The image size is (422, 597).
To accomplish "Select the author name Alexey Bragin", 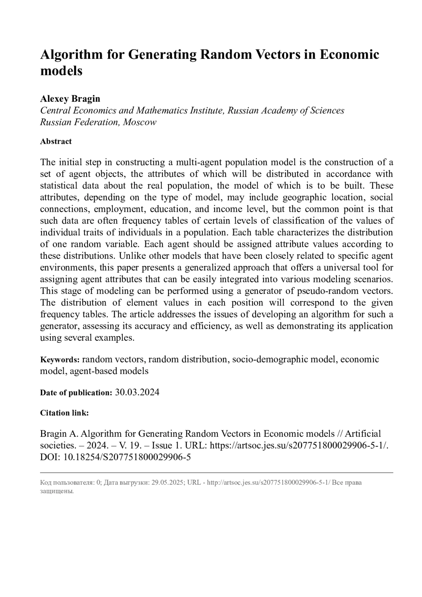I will [x=70, y=98].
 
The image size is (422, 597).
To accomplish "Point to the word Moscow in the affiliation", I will [x=140, y=122].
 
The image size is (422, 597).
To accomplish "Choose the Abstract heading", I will [x=56, y=141].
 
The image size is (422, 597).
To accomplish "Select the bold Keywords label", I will [x=60, y=360].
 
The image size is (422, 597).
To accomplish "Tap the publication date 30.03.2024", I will [x=137, y=392].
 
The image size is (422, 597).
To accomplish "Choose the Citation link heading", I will [x=64, y=413].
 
